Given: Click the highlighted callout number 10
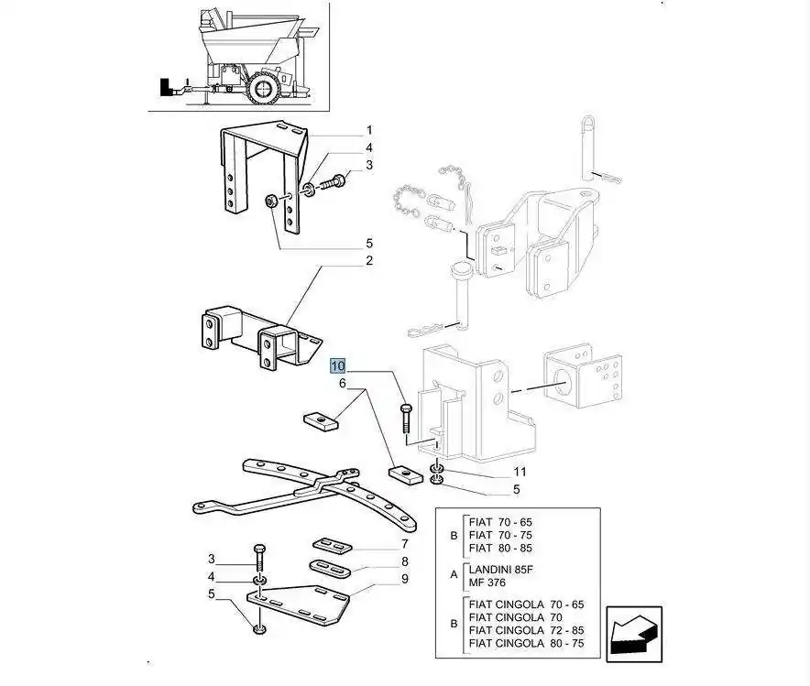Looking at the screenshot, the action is (338, 366).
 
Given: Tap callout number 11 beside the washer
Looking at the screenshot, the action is (520, 472).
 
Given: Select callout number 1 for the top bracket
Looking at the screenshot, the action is (369, 130).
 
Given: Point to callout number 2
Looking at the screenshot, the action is (369, 260).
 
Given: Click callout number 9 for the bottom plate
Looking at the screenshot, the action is (405, 579).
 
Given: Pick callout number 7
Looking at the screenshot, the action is (405, 543).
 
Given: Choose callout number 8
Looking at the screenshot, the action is (405, 561).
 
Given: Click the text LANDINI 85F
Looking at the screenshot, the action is (500, 570).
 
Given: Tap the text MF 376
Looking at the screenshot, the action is (487, 583).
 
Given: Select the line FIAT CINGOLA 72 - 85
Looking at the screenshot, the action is (526, 630).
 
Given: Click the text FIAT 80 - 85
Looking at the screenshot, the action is (500, 549).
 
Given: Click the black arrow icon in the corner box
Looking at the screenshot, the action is (634, 634).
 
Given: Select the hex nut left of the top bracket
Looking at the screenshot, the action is (269, 201).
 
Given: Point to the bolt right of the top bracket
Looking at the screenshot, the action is (334, 182).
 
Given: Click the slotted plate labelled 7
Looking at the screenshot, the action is (333, 545).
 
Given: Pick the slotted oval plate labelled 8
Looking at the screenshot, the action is (331, 569).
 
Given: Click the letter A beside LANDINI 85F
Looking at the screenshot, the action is (454, 574).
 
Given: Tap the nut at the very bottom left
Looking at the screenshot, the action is (259, 629).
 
